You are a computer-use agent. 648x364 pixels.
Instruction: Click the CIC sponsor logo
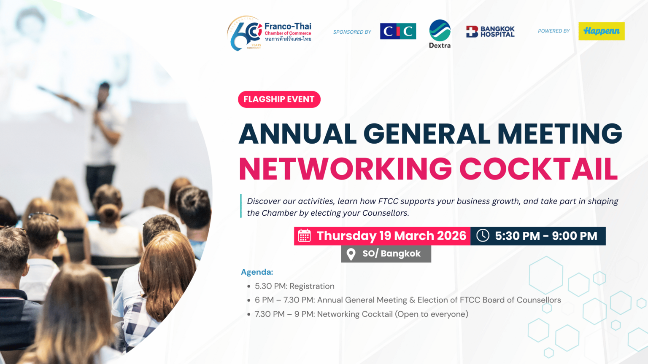click(x=398, y=31)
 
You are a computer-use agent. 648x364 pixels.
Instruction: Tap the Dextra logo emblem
click(x=440, y=30)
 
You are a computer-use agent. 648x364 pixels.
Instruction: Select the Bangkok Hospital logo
click(x=490, y=32)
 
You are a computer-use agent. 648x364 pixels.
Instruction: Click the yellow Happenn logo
click(x=602, y=31)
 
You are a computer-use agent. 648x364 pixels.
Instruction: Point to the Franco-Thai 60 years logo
click(x=269, y=33)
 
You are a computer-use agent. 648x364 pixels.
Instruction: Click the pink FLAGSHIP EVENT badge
click(x=279, y=99)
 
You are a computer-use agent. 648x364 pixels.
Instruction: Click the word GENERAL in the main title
click(x=427, y=134)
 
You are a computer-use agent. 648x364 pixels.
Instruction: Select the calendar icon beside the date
click(x=304, y=236)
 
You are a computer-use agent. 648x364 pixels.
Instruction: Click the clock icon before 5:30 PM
click(x=483, y=236)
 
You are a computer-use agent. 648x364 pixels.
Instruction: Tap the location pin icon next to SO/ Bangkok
click(x=351, y=254)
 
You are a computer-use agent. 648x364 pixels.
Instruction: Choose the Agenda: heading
click(x=257, y=272)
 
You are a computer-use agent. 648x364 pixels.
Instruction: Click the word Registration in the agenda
click(x=312, y=286)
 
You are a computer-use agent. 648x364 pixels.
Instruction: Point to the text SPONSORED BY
click(x=352, y=32)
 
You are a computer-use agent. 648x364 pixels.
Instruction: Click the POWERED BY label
click(x=553, y=31)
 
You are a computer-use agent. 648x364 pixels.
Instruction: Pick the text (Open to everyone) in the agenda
click(x=432, y=314)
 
